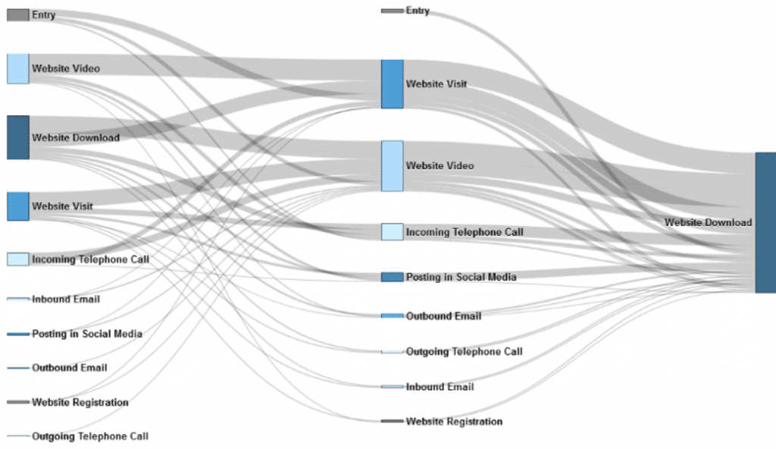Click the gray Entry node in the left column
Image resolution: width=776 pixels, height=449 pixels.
[18, 15]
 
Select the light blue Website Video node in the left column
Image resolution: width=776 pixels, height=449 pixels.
[18, 69]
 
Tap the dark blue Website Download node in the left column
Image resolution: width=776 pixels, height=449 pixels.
[18, 138]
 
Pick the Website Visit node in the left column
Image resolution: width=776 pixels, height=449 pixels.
[18, 206]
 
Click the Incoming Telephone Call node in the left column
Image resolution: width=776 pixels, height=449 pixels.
[18, 259]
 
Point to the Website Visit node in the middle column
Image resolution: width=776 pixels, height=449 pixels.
[392, 84]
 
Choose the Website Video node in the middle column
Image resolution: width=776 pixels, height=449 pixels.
[392, 166]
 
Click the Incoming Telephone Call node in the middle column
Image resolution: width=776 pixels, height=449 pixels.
[392, 232]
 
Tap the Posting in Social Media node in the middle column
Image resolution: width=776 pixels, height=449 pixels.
[392, 277]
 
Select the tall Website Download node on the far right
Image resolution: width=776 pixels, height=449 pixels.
[765, 222]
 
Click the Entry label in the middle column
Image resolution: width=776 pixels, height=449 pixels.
[418, 11]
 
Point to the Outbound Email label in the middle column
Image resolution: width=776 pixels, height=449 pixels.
[443, 316]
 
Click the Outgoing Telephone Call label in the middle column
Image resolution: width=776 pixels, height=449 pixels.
[465, 352]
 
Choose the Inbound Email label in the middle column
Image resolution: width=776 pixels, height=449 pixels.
[440, 387]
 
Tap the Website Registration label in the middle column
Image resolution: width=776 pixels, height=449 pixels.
[455, 422]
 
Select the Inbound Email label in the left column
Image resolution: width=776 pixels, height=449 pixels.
[66, 300]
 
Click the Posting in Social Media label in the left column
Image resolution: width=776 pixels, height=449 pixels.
[87, 334]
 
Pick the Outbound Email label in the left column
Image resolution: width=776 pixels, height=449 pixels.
[69, 368]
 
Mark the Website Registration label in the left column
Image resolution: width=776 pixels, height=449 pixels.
[80, 403]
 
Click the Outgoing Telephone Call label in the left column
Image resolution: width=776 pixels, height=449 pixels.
[90, 437]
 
